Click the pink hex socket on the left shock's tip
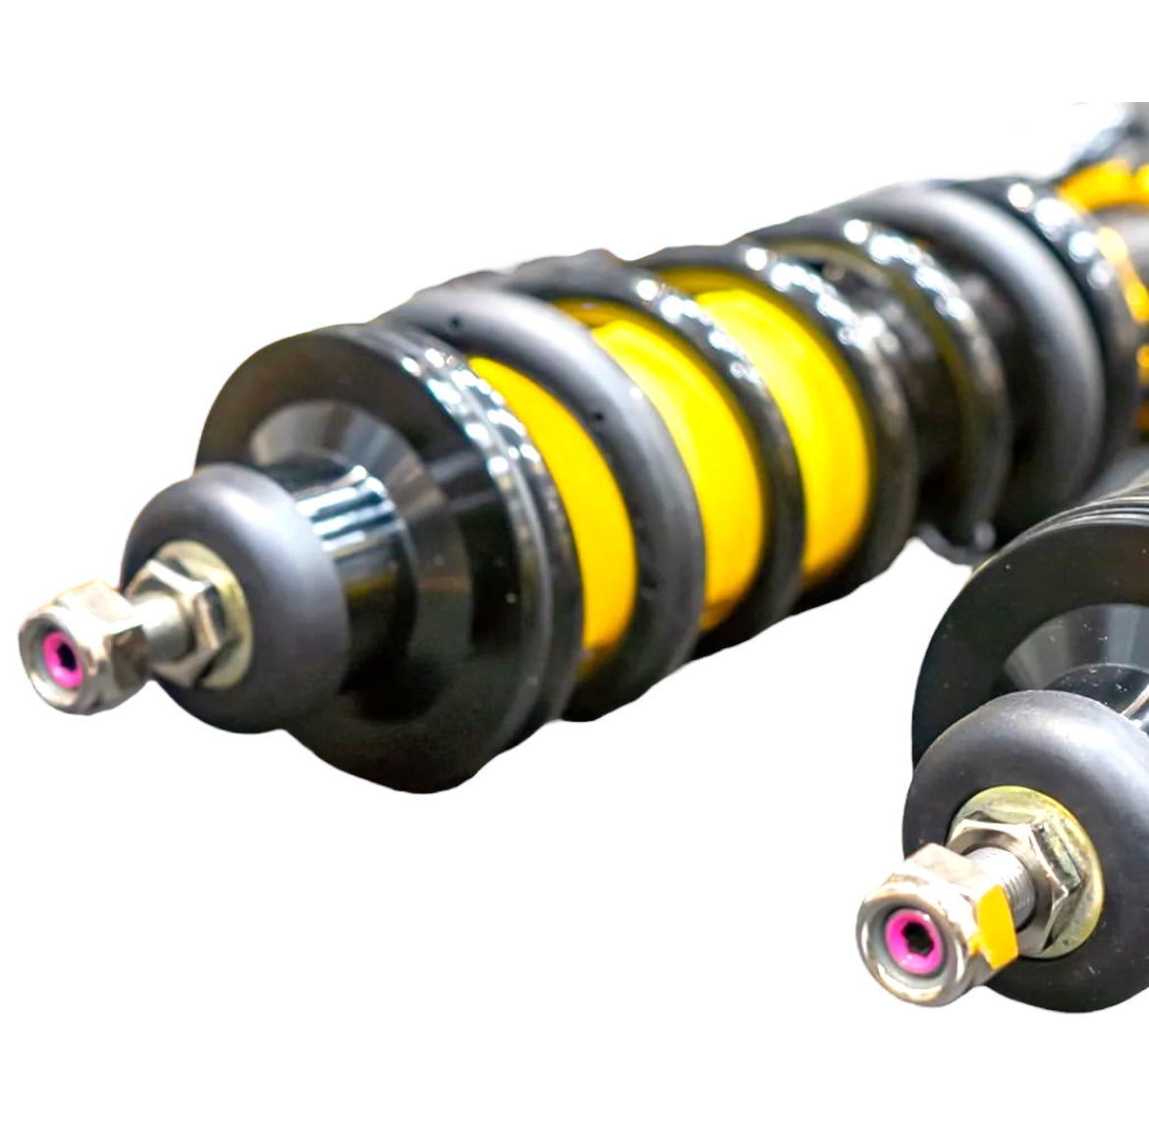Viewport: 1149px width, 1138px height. (x=62, y=655)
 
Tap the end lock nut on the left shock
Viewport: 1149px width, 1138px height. (x=83, y=643)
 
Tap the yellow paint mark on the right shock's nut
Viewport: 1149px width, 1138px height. (x=988, y=918)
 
